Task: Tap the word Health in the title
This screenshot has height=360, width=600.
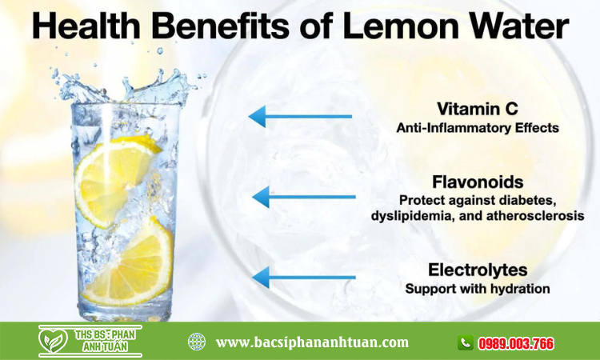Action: (86, 26)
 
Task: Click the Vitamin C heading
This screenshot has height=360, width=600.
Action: (478, 109)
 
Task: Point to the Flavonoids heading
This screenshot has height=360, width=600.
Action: (478, 182)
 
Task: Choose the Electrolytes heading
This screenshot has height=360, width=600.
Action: (478, 270)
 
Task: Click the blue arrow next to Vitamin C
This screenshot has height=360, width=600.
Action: (300, 116)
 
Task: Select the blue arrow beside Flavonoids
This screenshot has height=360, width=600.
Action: (304, 197)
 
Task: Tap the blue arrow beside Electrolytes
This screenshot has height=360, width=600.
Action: (304, 278)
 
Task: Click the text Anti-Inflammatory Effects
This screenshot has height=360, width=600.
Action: (478, 128)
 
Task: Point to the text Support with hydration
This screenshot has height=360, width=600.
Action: (478, 289)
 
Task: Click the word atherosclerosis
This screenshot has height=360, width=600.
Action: (535, 216)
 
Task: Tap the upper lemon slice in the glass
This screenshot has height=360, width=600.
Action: (114, 180)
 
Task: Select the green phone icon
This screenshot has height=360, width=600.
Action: (466, 342)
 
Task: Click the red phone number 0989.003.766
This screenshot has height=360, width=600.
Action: (515, 343)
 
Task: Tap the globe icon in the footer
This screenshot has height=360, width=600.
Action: (197, 342)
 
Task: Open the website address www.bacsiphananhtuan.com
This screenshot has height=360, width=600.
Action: (312, 342)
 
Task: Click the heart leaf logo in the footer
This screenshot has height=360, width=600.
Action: (53, 340)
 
